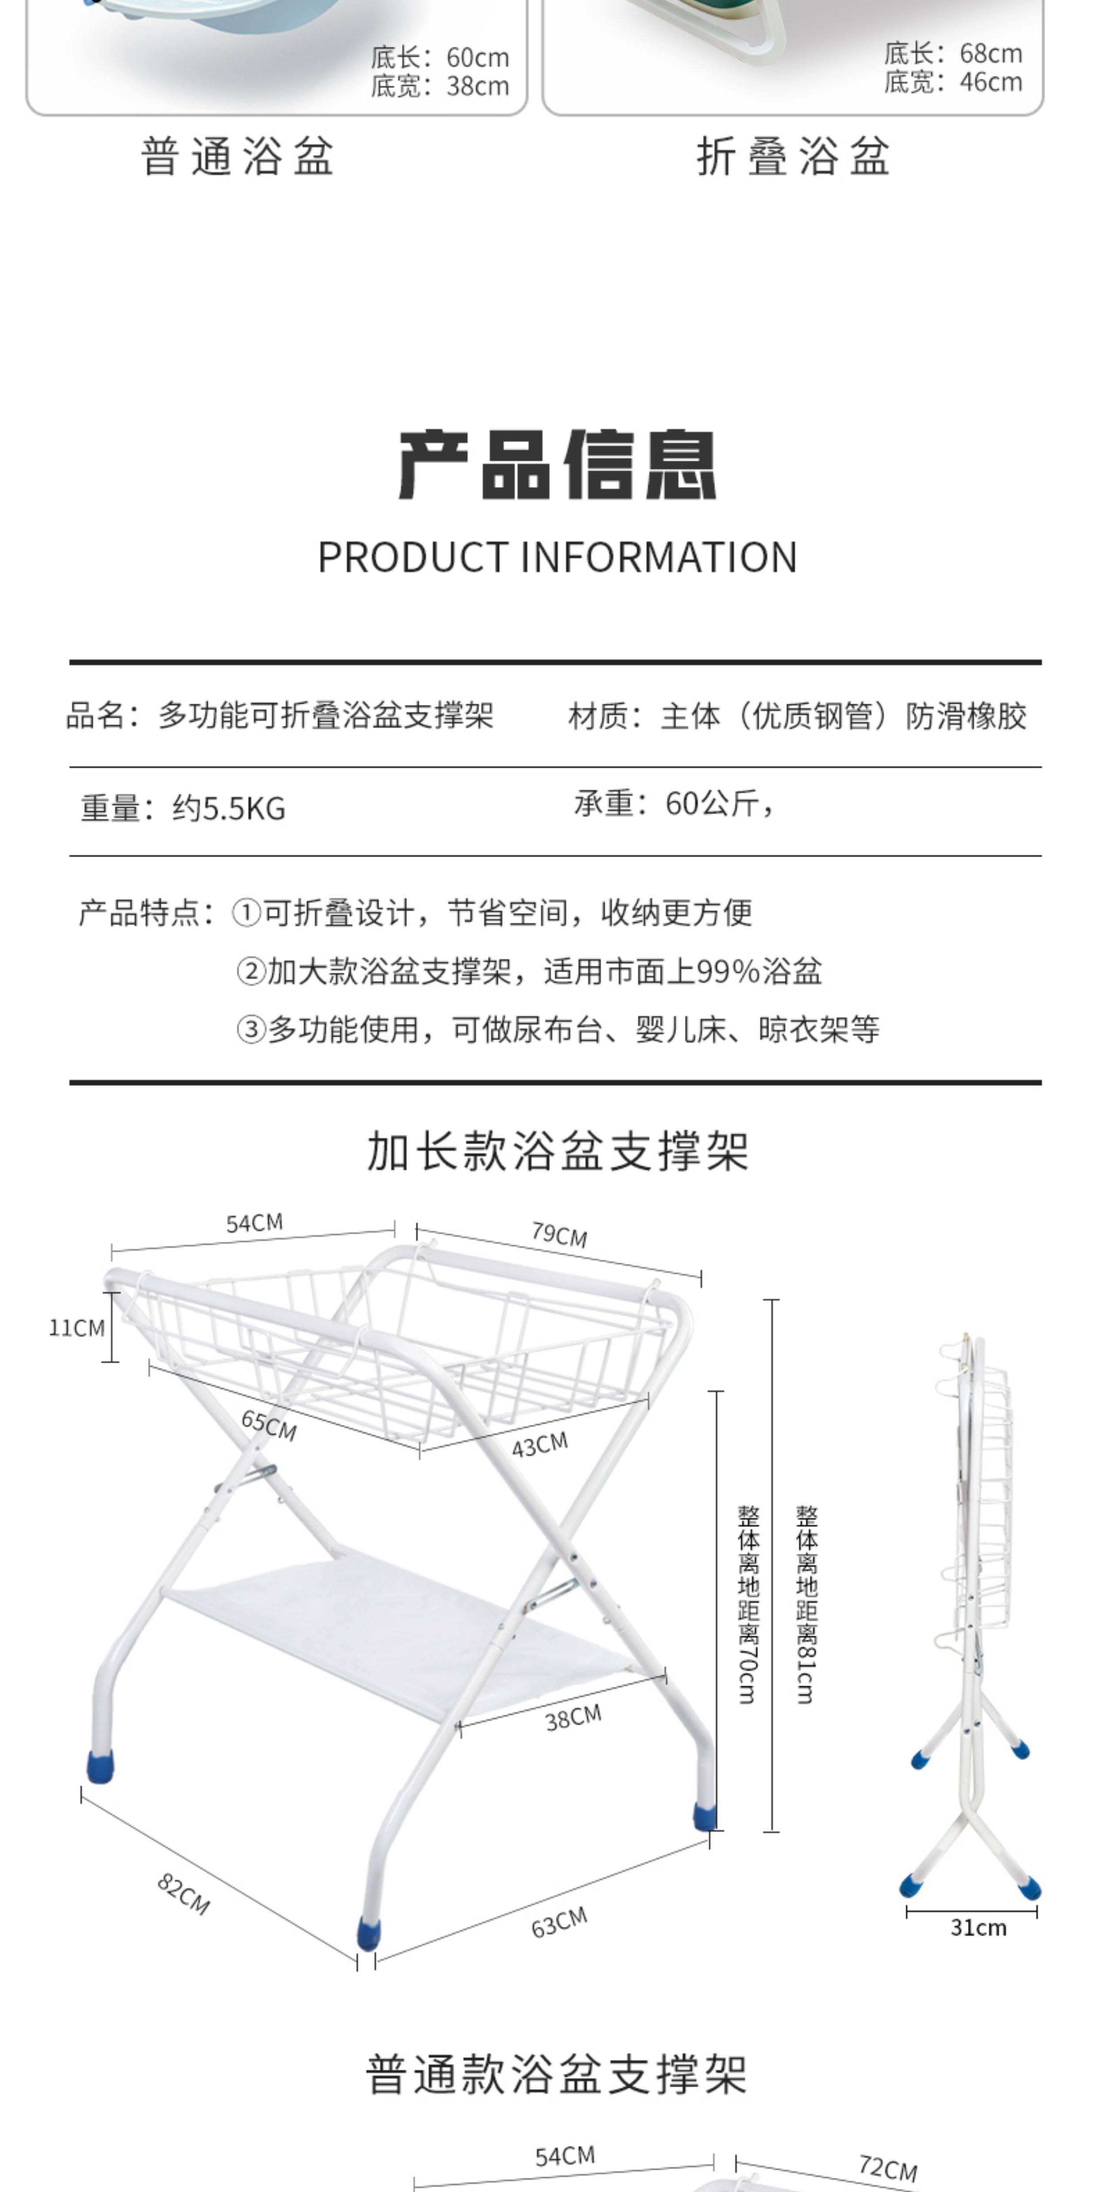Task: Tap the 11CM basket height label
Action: (76, 1328)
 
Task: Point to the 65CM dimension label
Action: (269, 1425)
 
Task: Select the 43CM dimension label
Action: (540, 1444)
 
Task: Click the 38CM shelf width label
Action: (574, 1718)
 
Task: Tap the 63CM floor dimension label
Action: (559, 1922)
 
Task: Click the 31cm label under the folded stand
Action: (978, 1927)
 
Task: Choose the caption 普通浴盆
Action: (237, 156)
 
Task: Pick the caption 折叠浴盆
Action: (793, 156)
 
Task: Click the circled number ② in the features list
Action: (251, 971)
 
